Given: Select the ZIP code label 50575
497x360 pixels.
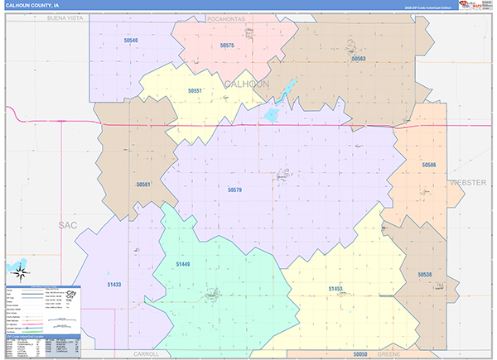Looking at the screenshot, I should (x=227, y=46).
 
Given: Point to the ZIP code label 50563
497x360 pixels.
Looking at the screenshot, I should (x=358, y=59).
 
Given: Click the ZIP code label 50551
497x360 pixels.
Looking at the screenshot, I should (x=195, y=90).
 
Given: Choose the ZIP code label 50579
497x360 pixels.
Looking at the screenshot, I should (x=234, y=190).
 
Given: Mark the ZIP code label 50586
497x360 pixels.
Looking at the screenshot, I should (x=428, y=166).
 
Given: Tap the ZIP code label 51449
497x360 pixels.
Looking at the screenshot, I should (x=183, y=263).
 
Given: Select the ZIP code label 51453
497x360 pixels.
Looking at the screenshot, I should (x=335, y=288).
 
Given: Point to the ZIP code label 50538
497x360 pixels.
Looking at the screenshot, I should (x=424, y=274).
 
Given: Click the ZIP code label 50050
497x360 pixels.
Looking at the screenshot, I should (x=359, y=353).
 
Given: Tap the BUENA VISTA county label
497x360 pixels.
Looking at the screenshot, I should (x=55, y=17).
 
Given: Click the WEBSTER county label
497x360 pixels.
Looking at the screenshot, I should (x=468, y=181).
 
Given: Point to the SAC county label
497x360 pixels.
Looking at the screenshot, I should (x=67, y=224).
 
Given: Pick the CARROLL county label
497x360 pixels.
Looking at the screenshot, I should (x=146, y=353).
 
